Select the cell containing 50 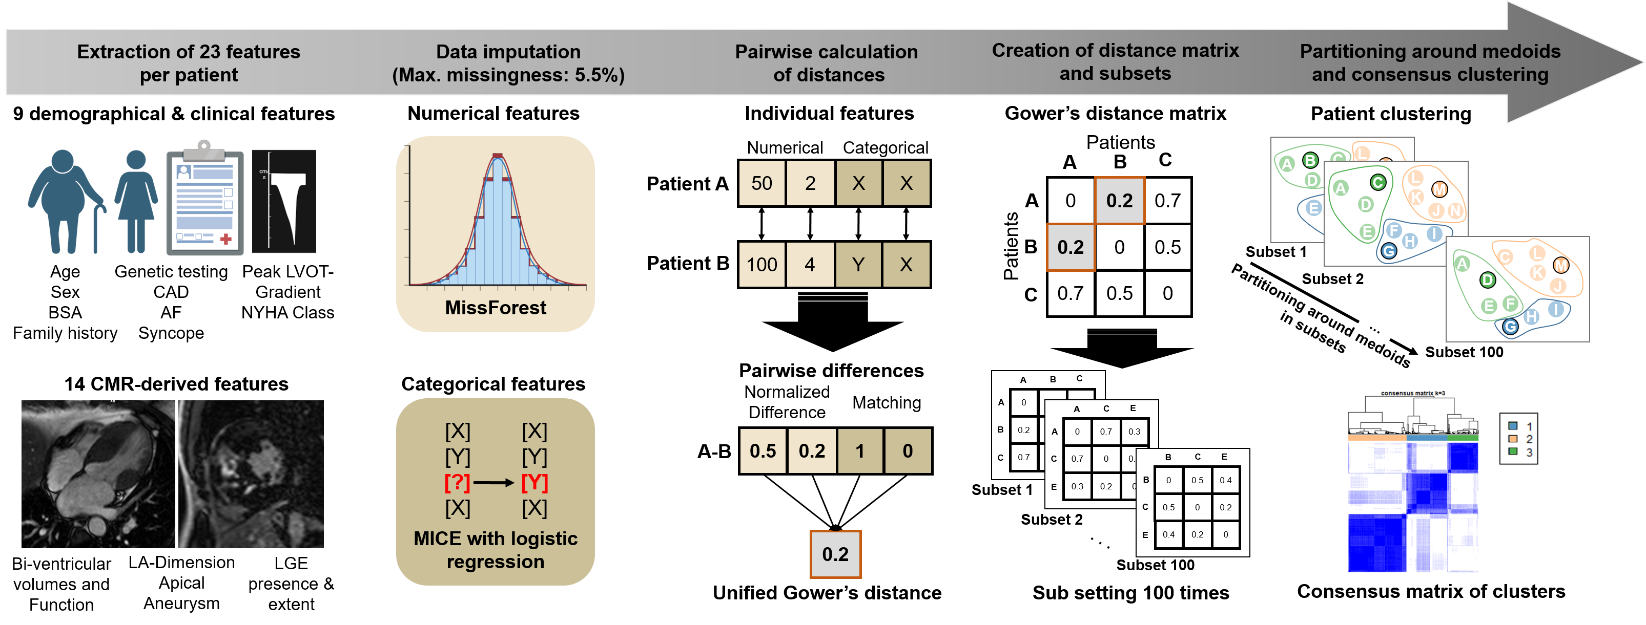click(x=762, y=183)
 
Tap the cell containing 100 click(x=762, y=264)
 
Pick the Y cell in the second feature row click(x=858, y=264)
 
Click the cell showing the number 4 click(x=810, y=264)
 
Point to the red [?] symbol click(x=458, y=483)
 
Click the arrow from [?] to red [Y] click(x=493, y=483)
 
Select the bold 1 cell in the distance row click(x=860, y=451)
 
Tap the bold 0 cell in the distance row click(x=908, y=451)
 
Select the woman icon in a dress click(x=135, y=201)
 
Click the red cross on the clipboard click(x=225, y=239)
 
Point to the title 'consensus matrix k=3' click(x=1413, y=393)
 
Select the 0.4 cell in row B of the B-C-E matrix click(x=1225, y=480)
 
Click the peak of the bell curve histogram click(x=498, y=157)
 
